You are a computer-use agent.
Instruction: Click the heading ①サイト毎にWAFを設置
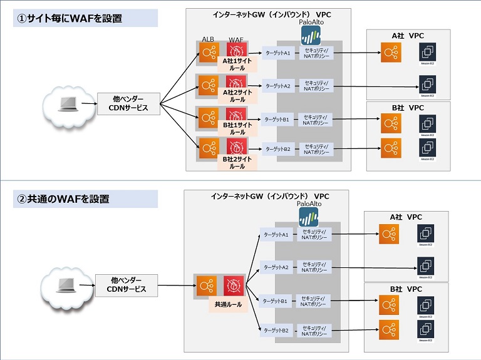click(x=69, y=19)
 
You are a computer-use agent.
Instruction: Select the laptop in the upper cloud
click(x=68, y=104)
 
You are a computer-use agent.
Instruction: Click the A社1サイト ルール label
click(x=237, y=66)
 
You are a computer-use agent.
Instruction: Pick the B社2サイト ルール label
click(x=237, y=163)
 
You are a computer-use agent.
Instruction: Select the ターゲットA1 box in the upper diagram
click(x=277, y=53)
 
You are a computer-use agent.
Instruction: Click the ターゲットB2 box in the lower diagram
click(x=276, y=330)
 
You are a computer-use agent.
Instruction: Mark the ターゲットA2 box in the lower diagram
click(x=276, y=267)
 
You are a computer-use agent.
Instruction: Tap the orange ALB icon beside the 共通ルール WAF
click(x=205, y=285)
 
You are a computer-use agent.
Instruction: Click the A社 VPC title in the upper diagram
click(x=408, y=36)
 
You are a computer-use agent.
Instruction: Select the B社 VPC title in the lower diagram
click(x=406, y=289)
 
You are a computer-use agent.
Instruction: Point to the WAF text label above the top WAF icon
click(x=236, y=39)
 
